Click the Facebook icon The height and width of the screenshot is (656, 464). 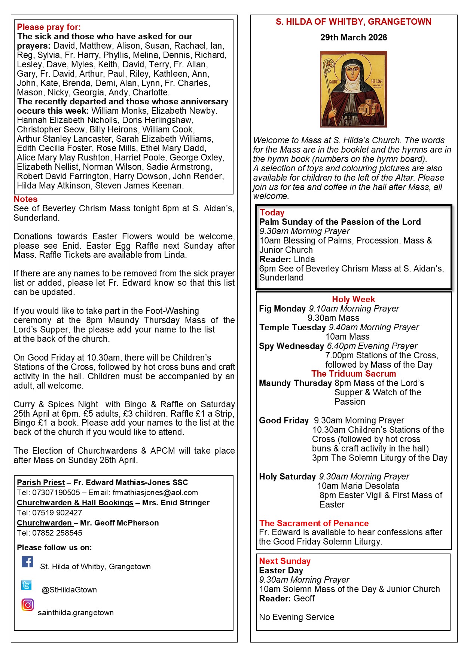[x=27, y=562]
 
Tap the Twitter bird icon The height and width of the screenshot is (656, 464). [x=27, y=585]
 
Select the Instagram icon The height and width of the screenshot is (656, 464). [x=27, y=605]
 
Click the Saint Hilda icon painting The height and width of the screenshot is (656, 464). [x=354, y=89]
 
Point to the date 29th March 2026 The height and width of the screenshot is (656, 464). [x=354, y=37]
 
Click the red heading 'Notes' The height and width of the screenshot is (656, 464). [x=25, y=199]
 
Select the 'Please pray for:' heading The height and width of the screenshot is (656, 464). [x=49, y=27]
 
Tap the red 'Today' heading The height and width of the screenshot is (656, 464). [x=272, y=212]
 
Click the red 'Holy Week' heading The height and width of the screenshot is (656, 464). [x=353, y=299]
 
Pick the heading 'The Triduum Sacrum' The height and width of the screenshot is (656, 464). [x=353, y=374]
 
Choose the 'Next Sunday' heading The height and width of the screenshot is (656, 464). [x=285, y=561]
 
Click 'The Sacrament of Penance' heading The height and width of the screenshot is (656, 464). [x=314, y=523]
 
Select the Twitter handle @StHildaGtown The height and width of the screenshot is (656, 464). [x=69, y=590]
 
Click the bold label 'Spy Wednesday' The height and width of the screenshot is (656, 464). [x=291, y=346]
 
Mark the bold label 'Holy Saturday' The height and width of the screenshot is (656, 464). [x=287, y=476]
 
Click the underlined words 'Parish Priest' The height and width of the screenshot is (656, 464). [x=41, y=482]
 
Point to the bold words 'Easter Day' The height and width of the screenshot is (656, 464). [x=281, y=570]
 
